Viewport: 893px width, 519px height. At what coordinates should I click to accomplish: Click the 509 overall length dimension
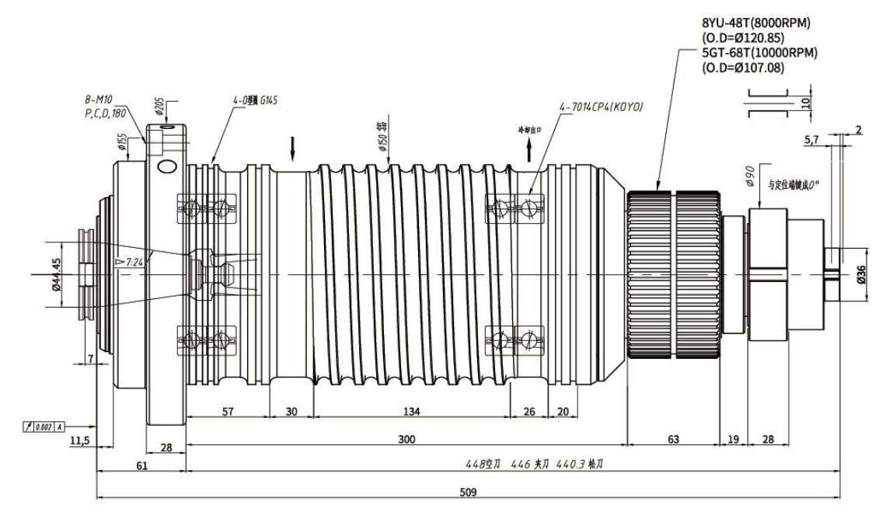pos(469,493)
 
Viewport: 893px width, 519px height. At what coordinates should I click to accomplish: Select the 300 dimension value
pos(407,440)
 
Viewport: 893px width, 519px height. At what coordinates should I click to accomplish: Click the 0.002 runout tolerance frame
pos(44,427)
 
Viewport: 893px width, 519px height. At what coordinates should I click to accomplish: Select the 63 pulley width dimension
pos(673,440)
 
